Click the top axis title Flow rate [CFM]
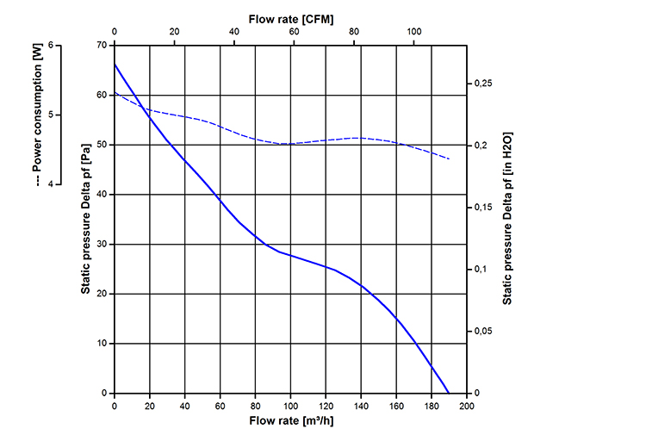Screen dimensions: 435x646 (290, 18)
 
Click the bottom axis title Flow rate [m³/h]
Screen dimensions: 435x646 (290, 421)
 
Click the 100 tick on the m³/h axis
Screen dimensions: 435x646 (290, 406)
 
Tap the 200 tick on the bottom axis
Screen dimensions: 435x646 (466, 406)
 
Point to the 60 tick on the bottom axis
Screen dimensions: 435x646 (220, 406)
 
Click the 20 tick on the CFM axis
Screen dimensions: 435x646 (174, 32)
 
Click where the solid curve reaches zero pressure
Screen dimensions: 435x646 (449, 393)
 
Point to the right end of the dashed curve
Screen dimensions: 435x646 (449, 159)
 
